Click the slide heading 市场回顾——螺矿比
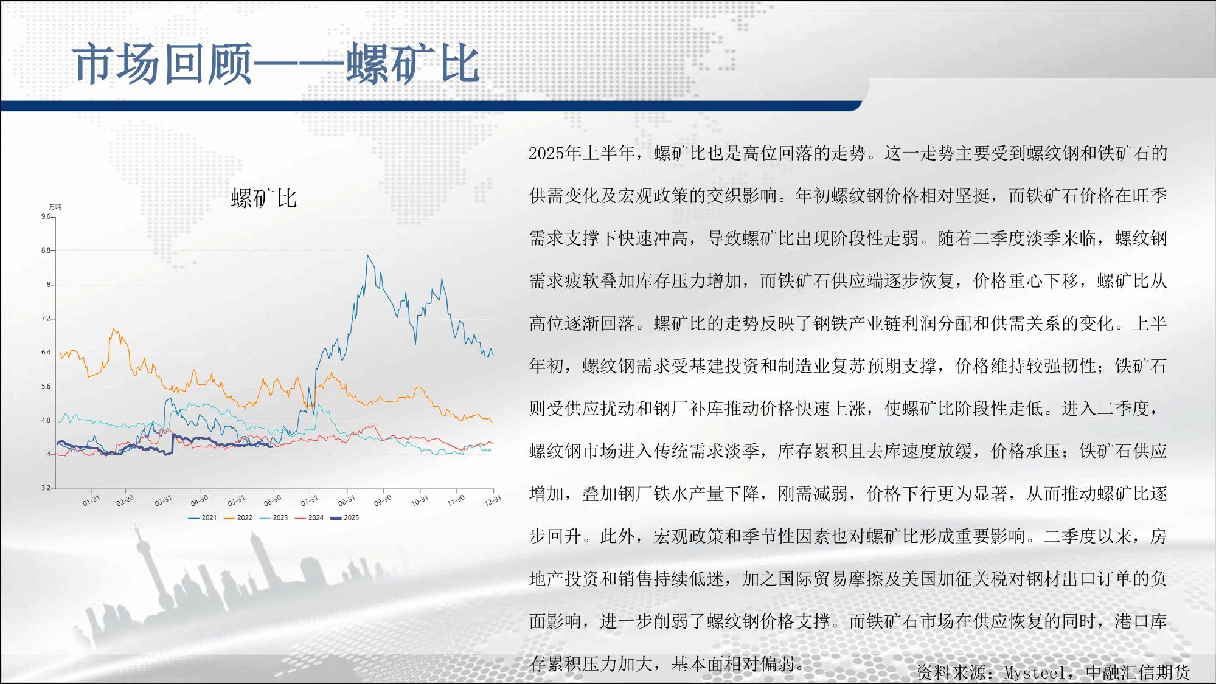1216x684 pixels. (x=277, y=63)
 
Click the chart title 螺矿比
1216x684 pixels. (x=264, y=198)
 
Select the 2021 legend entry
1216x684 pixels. (x=203, y=518)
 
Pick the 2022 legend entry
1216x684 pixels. (x=238, y=518)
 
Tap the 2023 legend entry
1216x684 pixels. (x=274, y=518)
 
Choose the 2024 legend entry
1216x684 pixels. (x=310, y=518)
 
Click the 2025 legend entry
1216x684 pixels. (x=345, y=518)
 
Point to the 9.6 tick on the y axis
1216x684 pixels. (x=46, y=216)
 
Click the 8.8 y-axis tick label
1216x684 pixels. (x=46, y=250)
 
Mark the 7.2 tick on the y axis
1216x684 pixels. (x=46, y=319)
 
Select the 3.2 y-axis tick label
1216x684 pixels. (x=46, y=488)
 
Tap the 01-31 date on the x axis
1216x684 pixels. (x=91, y=500)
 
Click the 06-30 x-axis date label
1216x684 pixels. (x=273, y=500)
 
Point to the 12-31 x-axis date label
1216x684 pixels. (x=493, y=500)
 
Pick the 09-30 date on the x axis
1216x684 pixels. (x=383, y=500)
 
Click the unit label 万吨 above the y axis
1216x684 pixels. (x=55, y=207)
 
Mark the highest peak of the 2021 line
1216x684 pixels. (x=367, y=255)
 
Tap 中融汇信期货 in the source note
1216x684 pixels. (x=1138, y=672)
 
